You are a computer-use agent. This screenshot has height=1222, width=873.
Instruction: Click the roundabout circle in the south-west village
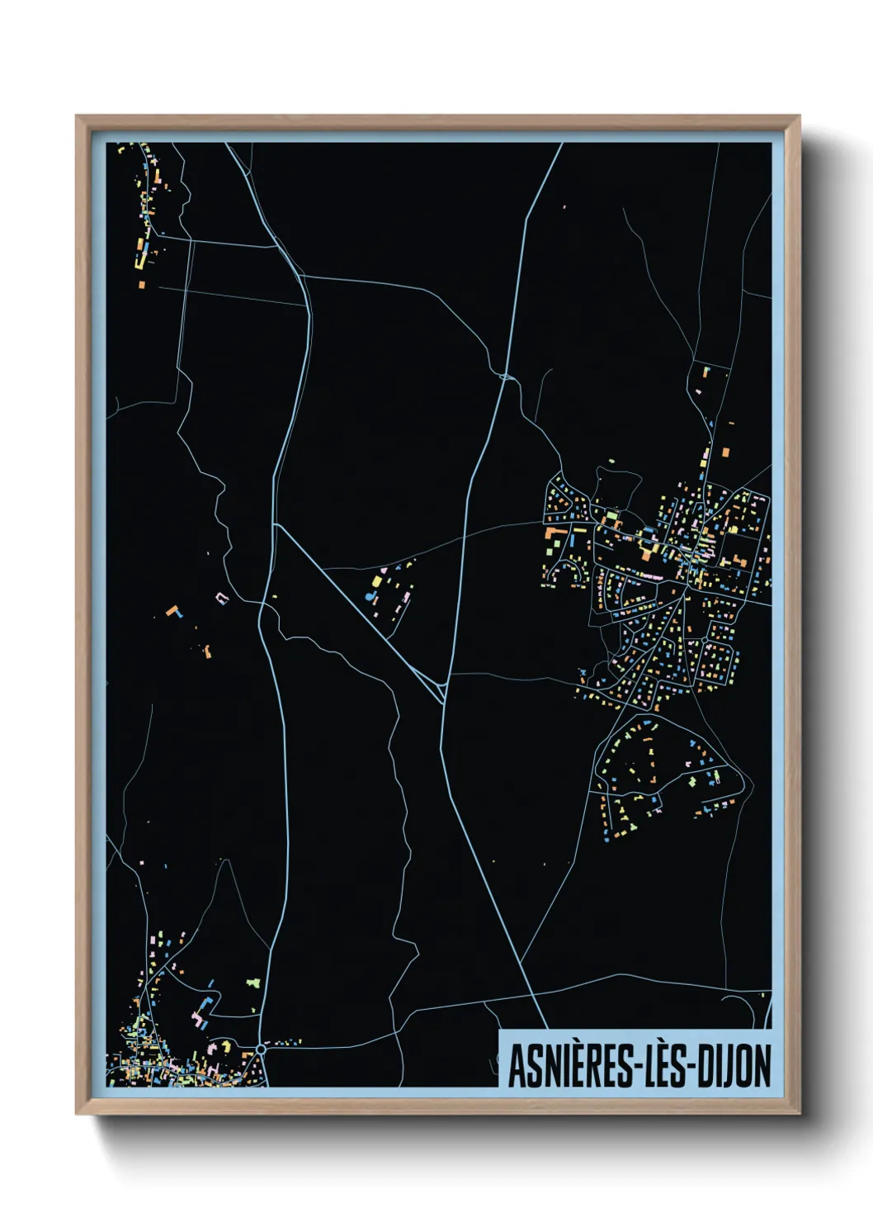[261, 1049]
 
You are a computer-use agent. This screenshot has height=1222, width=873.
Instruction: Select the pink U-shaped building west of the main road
[221, 596]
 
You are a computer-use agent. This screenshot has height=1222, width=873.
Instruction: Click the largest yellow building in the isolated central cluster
[377, 581]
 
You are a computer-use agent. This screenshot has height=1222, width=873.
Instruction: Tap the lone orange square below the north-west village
[142, 285]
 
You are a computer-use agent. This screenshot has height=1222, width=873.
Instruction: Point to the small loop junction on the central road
[507, 377]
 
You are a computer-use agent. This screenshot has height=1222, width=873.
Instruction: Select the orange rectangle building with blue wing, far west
[173, 611]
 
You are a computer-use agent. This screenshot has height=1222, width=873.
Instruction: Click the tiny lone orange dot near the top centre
[564, 206]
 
